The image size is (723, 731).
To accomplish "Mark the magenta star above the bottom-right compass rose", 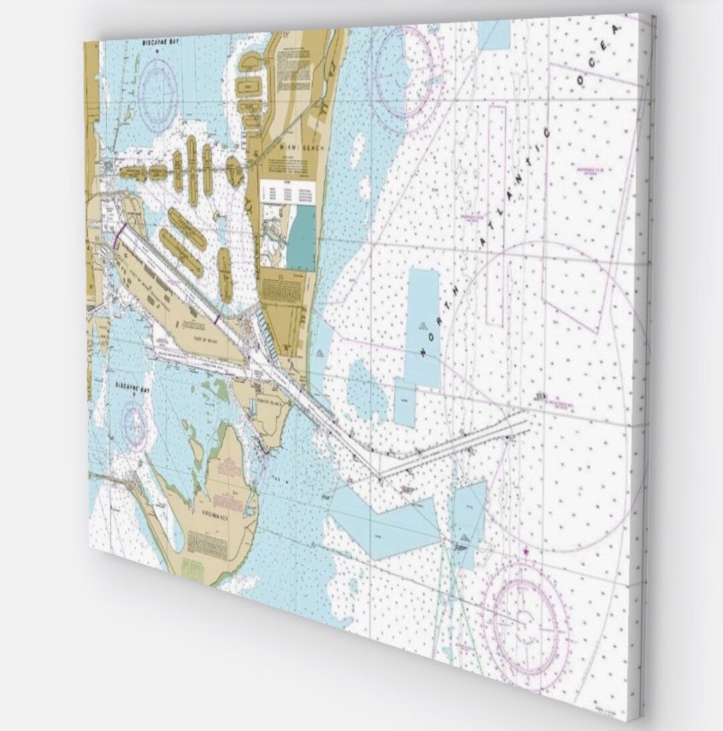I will (x=526, y=549).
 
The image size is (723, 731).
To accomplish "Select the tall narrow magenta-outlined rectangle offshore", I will (x=495, y=214).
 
